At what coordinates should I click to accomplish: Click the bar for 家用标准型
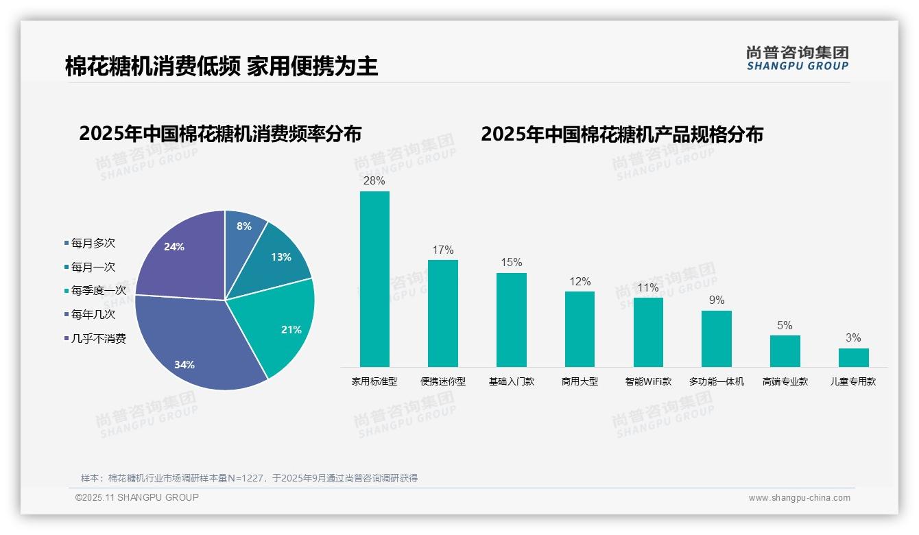tap(374, 278)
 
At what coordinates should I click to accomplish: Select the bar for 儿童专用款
tap(853, 357)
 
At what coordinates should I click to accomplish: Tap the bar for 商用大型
tap(580, 329)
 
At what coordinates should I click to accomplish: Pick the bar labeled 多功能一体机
tap(716, 338)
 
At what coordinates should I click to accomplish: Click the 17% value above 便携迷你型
tap(442, 250)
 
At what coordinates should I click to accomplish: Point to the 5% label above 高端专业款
tap(785, 325)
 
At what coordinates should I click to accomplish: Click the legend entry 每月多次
tap(93, 243)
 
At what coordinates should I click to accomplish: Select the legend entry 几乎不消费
tap(98, 339)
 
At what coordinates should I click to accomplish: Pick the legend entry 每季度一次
tap(98, 291)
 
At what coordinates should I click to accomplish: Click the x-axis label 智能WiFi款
tap(648, 381)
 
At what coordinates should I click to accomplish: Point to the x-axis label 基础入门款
tap(511, 381)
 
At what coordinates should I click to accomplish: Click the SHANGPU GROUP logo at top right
tap(797, 58)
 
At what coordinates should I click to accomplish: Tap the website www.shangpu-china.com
tap(799, 498)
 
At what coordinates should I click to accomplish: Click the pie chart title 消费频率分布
tap(220, 133)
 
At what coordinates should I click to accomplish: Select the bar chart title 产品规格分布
tap(621, 134)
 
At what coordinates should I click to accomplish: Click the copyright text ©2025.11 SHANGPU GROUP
tap(137, 497)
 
